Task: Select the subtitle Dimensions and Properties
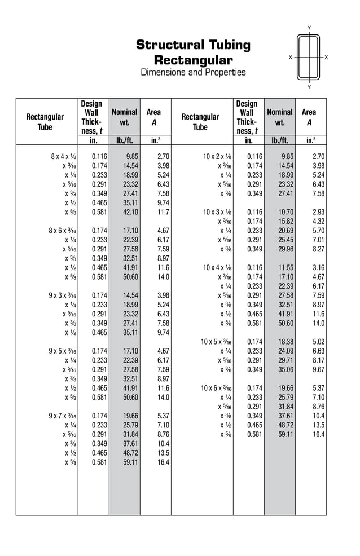point(193,72)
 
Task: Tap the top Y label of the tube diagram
point(309,28)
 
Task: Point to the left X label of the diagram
point(291,58)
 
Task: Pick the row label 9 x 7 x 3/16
point(63,416)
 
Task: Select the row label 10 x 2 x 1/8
point(216,156)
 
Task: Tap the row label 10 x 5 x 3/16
point(216,342)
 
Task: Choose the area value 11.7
point(163,212)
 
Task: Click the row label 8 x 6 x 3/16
point(63,230)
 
